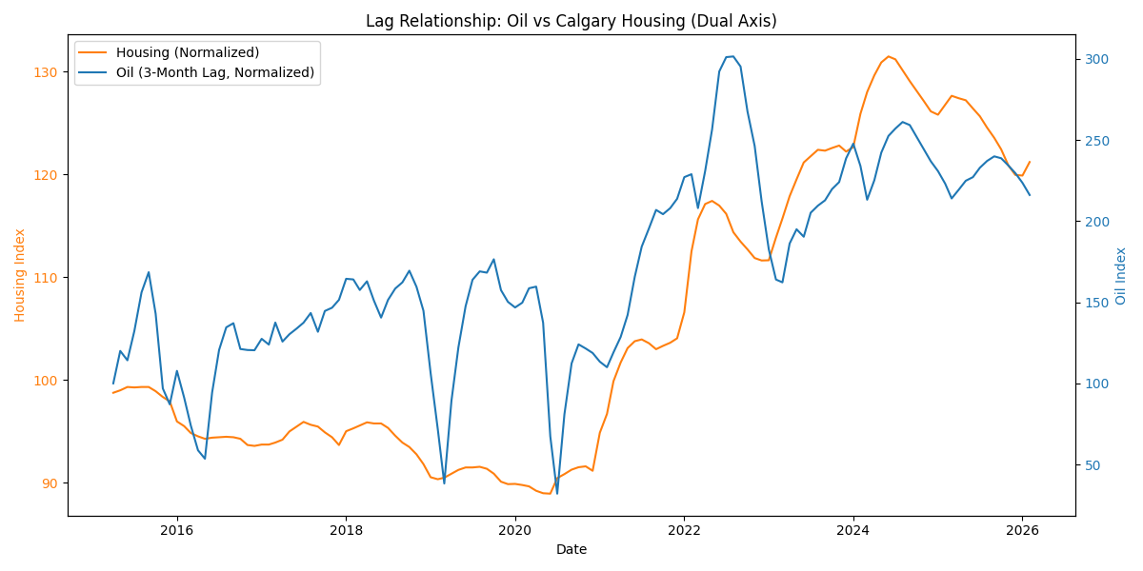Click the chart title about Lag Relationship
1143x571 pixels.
click(x=571, y=21)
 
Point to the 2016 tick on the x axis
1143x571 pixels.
click(x=176, y=530)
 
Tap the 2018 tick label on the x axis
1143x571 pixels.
click(x=346, y=530)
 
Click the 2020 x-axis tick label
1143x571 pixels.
click(x=514, y=530)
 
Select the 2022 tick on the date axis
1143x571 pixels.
click(x=684, y=530)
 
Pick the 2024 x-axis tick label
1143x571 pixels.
click(x=853, y=530)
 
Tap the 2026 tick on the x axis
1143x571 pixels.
click(x=1022, y=530)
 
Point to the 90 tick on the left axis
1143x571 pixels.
click(x=51, y=483)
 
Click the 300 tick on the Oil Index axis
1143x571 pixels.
click(x=1094, y=59)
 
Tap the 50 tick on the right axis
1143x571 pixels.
click(x=1092, y=465)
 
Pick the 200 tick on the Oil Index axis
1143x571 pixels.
click(x=1094, y=222)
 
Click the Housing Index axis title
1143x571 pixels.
click(x=20, y=275)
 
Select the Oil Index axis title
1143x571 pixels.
click(x=1121, y=275)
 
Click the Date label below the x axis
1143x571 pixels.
click(x=571, y=549)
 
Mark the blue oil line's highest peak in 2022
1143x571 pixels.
click(x=732, y=56)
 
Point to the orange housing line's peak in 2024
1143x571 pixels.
click(x=888, y=56)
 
